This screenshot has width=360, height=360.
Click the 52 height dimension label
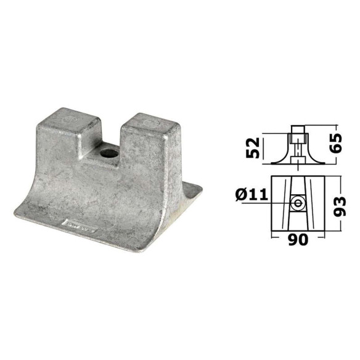click(x=253, y=148)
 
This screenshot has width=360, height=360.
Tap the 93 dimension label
click(x=339, y=207)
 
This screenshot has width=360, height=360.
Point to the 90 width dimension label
click(x=298, y=239)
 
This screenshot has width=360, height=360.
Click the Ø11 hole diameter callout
click(x=252, y=195)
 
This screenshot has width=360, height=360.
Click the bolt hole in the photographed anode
click(x=109, y=153)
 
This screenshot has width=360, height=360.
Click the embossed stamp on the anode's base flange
click(x=80, y=226)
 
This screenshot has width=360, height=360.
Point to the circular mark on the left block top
click(x=69, y=120)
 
